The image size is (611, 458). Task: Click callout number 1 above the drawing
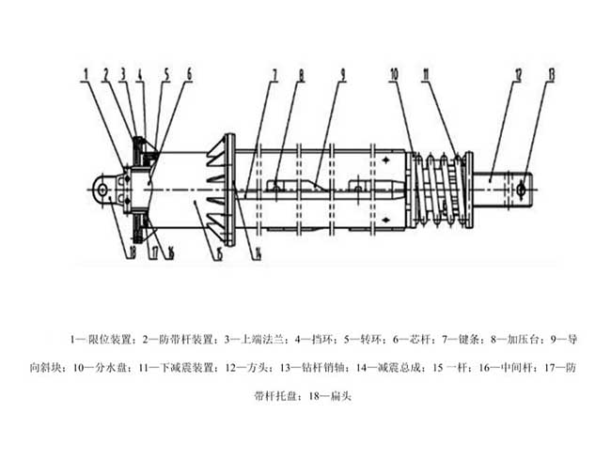pyautogui.click(x=85, y=71)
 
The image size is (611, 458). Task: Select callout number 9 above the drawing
pyautogui.click(x=343, y=72)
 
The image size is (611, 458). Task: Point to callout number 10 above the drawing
pyautogui.click(x=394, y=72)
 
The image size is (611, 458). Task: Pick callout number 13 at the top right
pyautogui.click(x=551, y=72)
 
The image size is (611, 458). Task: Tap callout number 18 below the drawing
pyautogui.click(x=120, y=251)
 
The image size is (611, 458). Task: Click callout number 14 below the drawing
pyautogui.click(x=255, y=252)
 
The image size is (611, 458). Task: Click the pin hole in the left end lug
pyautogui.click(x=102, y=191)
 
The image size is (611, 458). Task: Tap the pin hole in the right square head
pyautogui.click(x=520, y=190)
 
